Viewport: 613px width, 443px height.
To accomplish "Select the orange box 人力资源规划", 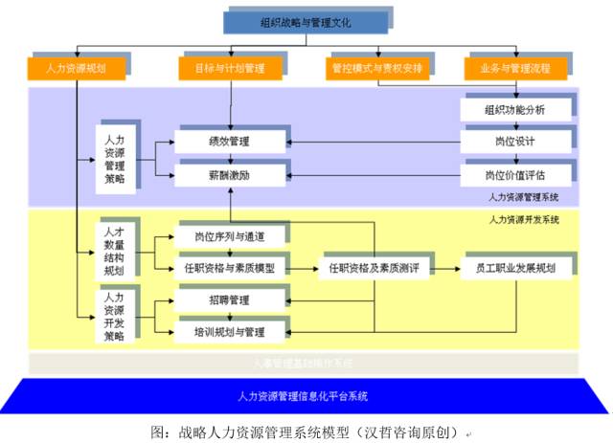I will [77, 69].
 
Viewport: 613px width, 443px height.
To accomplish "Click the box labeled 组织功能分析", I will [515, 110].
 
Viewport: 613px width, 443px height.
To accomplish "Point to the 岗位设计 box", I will [515, 143].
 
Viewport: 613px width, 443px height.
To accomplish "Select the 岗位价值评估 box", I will [515, 175].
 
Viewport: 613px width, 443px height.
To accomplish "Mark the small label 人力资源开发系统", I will [524, 220].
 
